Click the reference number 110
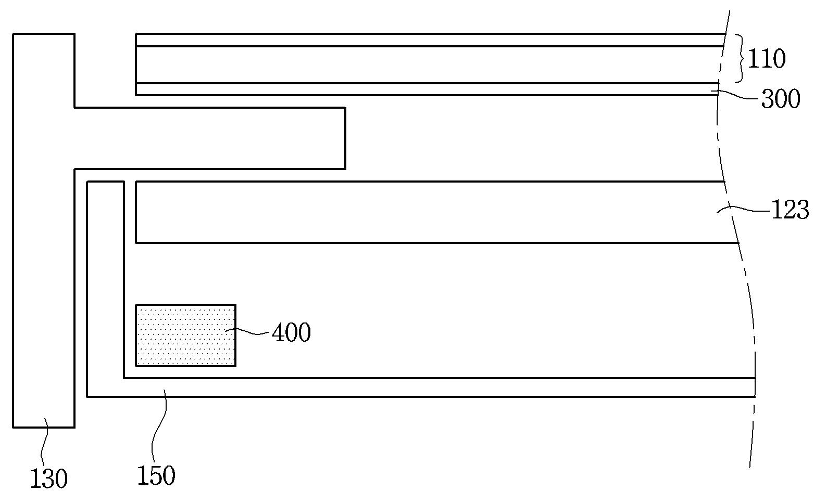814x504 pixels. pos(766,59)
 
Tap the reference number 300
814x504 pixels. pos(780,99)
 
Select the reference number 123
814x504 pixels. pos(790,210)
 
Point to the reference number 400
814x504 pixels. pos(291,333)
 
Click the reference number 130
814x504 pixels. pos(48,479)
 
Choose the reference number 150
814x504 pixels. pos(156,475)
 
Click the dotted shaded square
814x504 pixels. pos(185,335)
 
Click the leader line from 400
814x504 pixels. pos(253,332)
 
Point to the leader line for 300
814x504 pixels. pos(740,95)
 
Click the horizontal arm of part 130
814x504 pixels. pos(208,138)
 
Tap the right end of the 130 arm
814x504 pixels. pos(344,138)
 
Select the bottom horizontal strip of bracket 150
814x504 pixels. pos(417,387)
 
